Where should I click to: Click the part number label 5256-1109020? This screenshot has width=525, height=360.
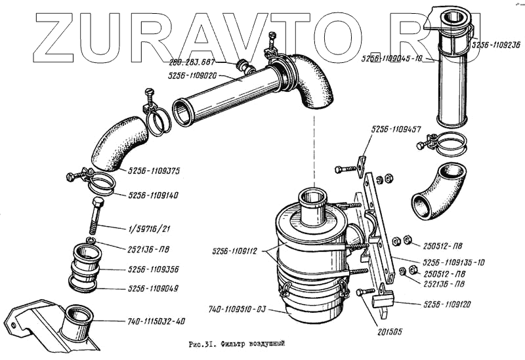click(x=196, y=75)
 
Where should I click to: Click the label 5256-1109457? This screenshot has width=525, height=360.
click(x=395, y=130)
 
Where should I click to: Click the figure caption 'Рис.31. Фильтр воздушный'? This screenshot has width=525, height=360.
click(x=238, y=344)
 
